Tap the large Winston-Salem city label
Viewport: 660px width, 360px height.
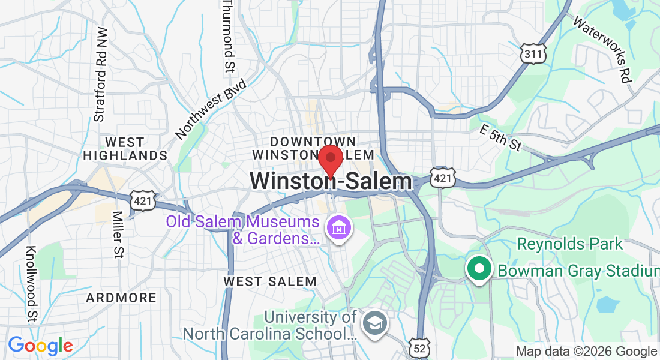[331, 181]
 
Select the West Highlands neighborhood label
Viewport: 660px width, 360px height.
[125, 149]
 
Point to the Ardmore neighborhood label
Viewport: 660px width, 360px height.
[121, 298]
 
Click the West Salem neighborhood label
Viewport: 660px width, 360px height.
[270, 281]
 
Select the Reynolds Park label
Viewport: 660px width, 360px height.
[570, 244]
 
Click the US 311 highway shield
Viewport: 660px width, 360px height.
[533, 53]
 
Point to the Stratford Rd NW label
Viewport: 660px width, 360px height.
[100, 74]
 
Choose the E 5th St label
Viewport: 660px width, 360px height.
[502, 137]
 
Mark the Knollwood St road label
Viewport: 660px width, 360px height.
[32, 283]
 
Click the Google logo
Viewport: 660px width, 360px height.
[40, 346]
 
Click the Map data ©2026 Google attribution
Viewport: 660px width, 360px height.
[586, 352]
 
